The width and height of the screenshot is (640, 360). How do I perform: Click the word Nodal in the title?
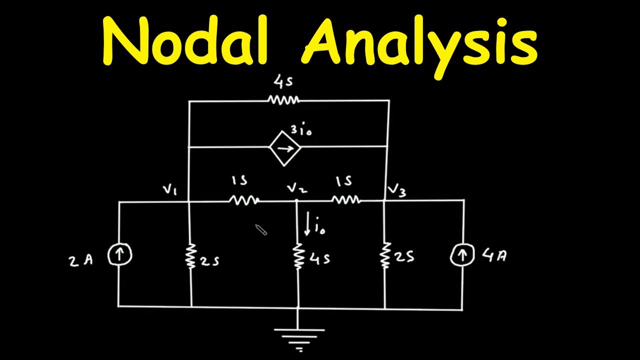(185, 40)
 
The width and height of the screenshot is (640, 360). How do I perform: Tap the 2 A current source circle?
(120, 254)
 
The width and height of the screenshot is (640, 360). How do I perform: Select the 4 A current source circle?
(462, 254)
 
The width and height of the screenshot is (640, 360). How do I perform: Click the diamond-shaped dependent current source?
(284, 148)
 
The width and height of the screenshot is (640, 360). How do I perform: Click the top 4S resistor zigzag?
(283, 100)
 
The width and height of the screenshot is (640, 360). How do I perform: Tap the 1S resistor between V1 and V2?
(244, 200)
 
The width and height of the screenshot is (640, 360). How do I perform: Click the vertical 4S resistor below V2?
(297, 256)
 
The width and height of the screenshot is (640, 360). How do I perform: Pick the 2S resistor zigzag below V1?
(191, 256)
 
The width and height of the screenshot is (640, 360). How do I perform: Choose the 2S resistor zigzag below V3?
(385, 255)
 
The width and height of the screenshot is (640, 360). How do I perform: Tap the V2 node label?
(297, 188)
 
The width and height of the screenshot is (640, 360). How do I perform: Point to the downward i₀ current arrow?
(307, 223)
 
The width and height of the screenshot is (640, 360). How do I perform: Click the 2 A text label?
(81, 261)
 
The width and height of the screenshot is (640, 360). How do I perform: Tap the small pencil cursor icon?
(261, 229)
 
